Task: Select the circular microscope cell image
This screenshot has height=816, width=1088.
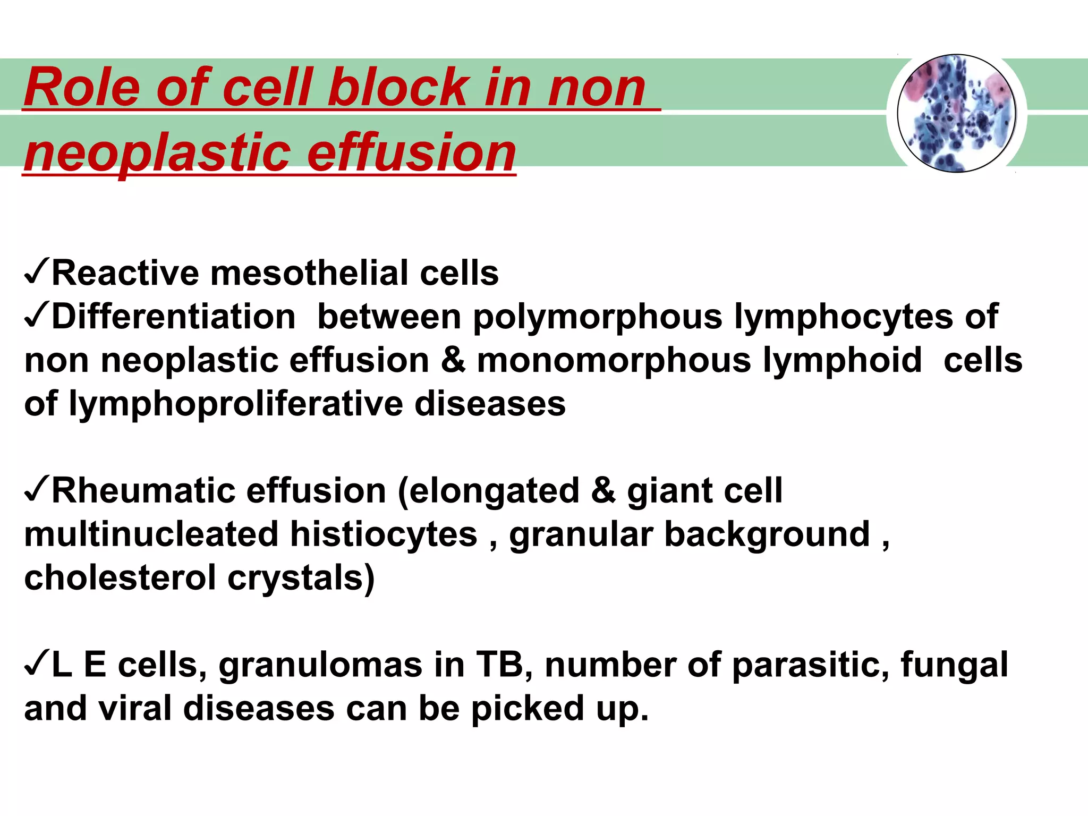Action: tap(956, 114)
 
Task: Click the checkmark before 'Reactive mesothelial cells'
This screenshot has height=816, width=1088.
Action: tap(36, 272)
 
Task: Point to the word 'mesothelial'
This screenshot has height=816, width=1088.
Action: tap(309, 273)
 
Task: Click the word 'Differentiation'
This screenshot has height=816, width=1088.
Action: tap(173, 317)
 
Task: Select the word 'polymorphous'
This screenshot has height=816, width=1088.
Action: tap(598, 318)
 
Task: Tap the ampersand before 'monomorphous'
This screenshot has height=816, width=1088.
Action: tap(453, 361)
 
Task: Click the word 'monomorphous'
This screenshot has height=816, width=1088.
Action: tap(614, 361)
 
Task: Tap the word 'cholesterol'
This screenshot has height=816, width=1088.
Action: tap(120, 577)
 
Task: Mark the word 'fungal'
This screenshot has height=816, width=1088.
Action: tap(954, 665)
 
